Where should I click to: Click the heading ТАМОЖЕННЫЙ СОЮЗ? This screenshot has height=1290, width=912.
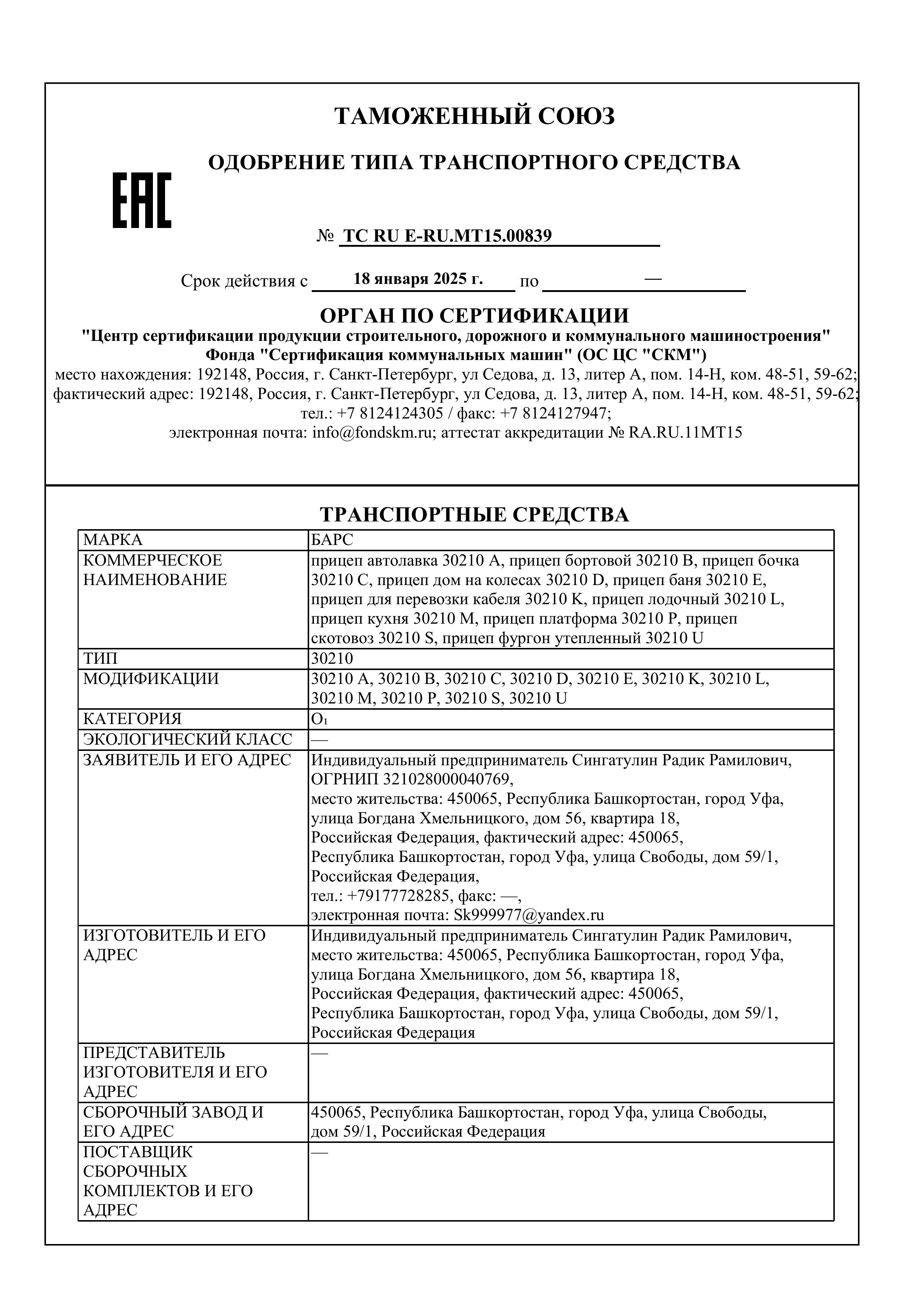tap(475, 116)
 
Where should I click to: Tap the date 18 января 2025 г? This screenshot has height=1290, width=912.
tap(418, 279)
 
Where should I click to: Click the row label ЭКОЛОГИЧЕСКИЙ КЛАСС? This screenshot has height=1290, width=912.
tap(187, 740)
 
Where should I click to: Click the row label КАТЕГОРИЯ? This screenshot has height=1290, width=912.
tap(133, 719)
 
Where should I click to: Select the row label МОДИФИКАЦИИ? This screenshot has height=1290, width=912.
tap(151, 679)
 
